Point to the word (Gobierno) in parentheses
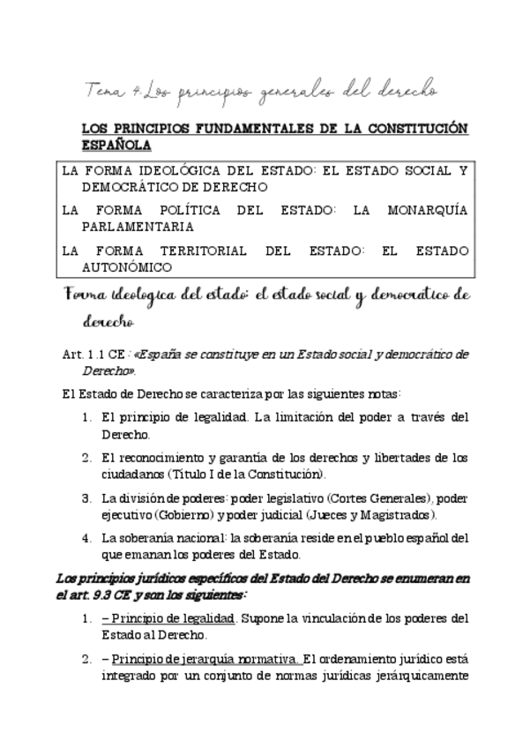(187, 514)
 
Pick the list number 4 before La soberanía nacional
(86, 538)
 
